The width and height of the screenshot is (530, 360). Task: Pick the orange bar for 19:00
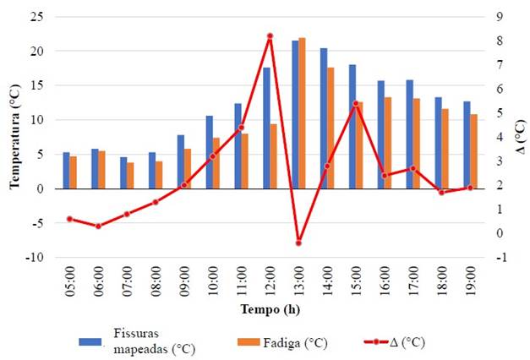[474, 151]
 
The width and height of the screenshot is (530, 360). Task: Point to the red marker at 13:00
[298, 243]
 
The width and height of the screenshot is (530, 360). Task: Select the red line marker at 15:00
[356, 104]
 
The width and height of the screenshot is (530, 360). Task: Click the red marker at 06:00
[98, 226]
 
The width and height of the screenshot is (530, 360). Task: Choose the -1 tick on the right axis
[500, 258]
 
